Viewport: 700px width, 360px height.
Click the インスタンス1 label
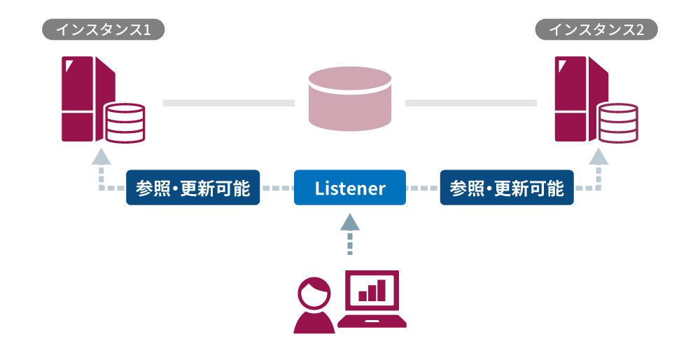click(x=104, y=29)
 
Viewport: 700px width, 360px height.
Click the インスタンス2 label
click(x=596, y=29)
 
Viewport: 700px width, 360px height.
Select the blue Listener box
click(x=350, y=188)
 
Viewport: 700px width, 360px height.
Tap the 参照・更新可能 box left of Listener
click(x=192, y=188)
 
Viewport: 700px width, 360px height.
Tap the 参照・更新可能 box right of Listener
click(x=507, y=188)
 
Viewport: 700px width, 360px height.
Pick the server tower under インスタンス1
click(x=83, y=98)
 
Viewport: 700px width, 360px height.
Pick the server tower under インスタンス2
click(x=576, y=98)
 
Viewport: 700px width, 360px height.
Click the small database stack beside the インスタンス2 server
click(x=618, y=123)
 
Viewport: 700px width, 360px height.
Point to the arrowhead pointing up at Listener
click(x=350, y=223)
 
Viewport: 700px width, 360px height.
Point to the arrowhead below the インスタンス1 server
click(x=101, y=156)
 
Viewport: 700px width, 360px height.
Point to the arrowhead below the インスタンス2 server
click(x=598, y=156)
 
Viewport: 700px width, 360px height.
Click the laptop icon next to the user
click(x=372, y=301)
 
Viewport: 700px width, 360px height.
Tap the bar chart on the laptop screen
click(x=372, y=289)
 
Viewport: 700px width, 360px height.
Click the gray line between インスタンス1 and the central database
click(x=228, y=103)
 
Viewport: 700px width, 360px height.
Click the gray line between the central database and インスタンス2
click(x=470, y=103)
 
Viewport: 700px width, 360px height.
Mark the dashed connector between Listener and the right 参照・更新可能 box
click(x=423, y=188)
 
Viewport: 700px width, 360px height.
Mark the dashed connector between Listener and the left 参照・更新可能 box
click(x=276, y=188)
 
